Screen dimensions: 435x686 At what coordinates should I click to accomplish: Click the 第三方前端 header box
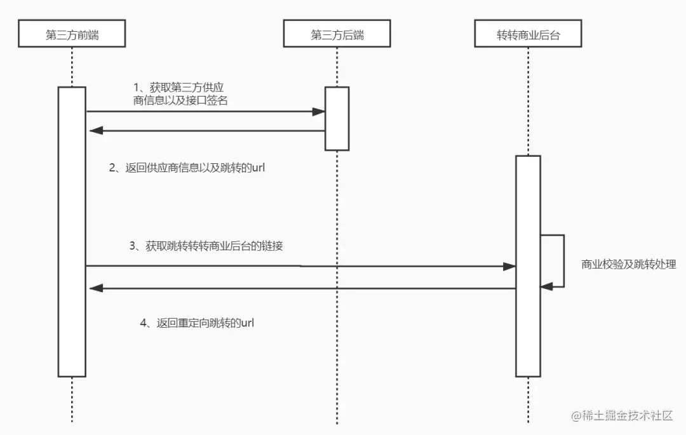pyautogui.click(x=72, y=34)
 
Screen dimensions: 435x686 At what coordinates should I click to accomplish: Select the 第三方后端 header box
pyautogui.click(x=337, y=34)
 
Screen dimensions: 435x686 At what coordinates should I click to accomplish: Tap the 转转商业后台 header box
pyautogui.click(x=528, y=34)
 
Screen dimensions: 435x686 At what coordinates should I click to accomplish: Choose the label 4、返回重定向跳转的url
pyautogui.click(x=197, y=323)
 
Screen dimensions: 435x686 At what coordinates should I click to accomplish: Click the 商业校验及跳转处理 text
pyautogui.click(x=628, y=265)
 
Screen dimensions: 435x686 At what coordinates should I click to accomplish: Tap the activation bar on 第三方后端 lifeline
pyautogui.click(x=337, y=118)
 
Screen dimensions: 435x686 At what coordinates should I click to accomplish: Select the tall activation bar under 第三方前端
pyautogui.click(x=72, y=231)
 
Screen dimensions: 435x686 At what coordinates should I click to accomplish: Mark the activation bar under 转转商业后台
pyautogui.click(x=528, y=265)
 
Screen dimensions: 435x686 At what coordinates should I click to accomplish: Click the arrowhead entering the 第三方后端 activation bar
pyautogui.click(x=319, y=112)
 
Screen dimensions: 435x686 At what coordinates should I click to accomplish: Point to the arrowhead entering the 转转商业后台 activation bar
pyautogui.click(x=509, y=267)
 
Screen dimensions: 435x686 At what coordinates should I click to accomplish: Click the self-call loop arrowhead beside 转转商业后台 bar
pyautogui.click(x=546, y=287)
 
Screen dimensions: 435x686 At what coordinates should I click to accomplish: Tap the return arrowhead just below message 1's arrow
pyautogui.click(x=95, y=131)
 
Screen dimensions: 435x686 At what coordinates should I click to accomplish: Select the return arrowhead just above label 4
pyautogui.click(x=95, y=288)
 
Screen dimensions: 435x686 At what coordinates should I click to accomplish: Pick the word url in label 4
pyautogui.click(x=247, y=323)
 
